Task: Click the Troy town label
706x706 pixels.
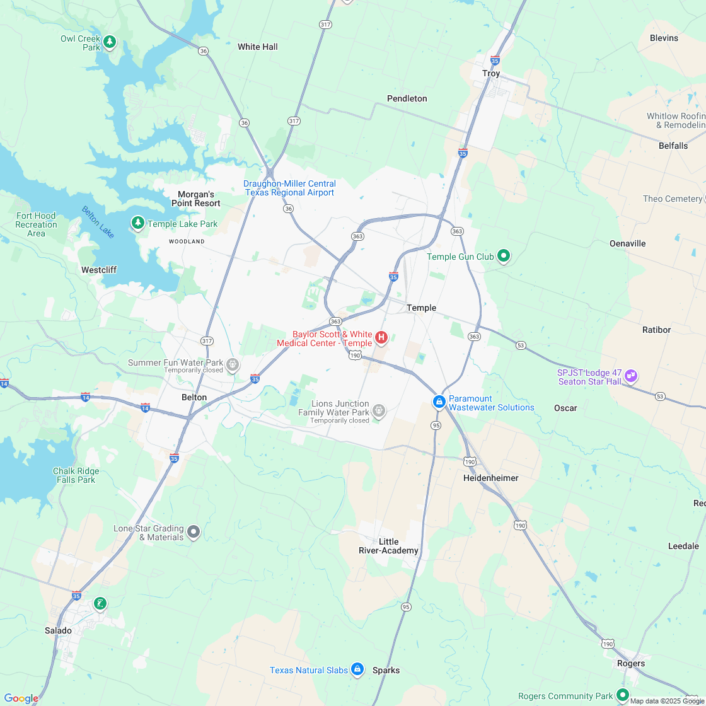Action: [x=491, y=73]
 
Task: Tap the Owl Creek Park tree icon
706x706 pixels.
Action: [x=110, y=42]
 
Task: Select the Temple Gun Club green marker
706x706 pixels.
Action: [x=503, y=256]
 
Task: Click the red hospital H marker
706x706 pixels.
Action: [x=381, y=338]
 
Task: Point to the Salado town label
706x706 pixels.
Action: [x=58, y=630]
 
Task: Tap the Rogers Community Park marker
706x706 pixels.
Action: [x=623, y=695]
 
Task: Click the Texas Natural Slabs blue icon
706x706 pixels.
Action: [x=357, y=669]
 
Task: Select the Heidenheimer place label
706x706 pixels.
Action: [x=491, y=478]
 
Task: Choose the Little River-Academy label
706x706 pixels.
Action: [x=388, y=547]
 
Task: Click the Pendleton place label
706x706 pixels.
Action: [x=407, y=98]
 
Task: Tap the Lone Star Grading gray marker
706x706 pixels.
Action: [x=194, y=532]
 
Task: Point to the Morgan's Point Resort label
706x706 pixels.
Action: [x=196, y=199]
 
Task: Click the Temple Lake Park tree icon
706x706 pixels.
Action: [x=137, y=223]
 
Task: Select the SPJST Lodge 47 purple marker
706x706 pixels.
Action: [x=631, y=376]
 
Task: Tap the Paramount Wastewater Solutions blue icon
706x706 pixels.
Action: [x=439, y=402]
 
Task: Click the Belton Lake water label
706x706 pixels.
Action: [x=98, y=222]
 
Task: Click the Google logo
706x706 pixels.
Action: [x=21, y=698]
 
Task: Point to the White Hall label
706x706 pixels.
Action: [x=257, y=47]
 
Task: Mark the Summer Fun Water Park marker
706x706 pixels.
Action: [x=233, y=364]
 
